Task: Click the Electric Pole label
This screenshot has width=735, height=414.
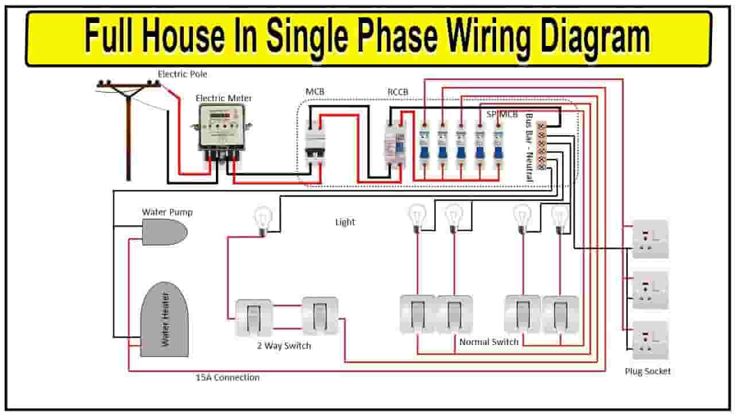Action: (183, 74)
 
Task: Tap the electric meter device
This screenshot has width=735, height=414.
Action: (222, 132)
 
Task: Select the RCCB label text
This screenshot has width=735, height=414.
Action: (398, 92)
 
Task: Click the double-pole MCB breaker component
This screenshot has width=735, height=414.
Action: (315, 144)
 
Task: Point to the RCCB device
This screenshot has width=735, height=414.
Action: (395, 145)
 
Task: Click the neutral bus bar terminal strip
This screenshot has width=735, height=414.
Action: (541, 146)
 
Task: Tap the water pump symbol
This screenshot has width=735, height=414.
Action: (165, 232)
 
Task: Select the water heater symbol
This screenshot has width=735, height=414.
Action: (165, 319)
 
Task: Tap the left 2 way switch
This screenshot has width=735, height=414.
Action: (254, 317)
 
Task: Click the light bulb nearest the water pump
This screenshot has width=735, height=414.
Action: (263, 221)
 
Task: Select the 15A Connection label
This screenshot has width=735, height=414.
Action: (228, 378)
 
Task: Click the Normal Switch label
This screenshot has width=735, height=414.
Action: (489, 342)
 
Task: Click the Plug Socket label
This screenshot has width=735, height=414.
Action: (647, 371)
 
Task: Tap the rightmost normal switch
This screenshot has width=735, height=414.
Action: (560, 315)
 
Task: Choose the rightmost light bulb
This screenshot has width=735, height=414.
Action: (560, 220)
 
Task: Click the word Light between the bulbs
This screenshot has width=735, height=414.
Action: (345, 222)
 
